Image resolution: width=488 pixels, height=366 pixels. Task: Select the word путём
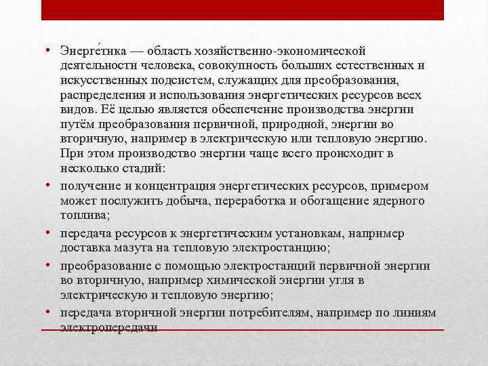pyautogui.click(x=76, y=125)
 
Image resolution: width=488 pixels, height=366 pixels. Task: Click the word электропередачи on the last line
pyautogui.click(x=108, y=327)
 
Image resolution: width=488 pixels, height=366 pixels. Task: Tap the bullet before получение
pyautogui.click(x=52, y=185)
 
